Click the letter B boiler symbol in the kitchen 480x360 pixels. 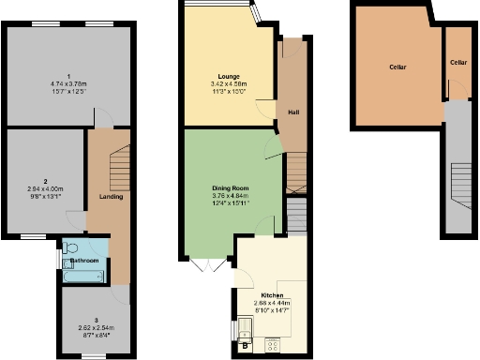pos(245,345)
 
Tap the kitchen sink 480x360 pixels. pos(245,327)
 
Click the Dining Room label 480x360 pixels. pos(229,187)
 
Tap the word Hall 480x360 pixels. pos(293,112)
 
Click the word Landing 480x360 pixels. pos(111,196)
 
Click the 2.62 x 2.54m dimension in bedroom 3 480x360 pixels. pos(95,327)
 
